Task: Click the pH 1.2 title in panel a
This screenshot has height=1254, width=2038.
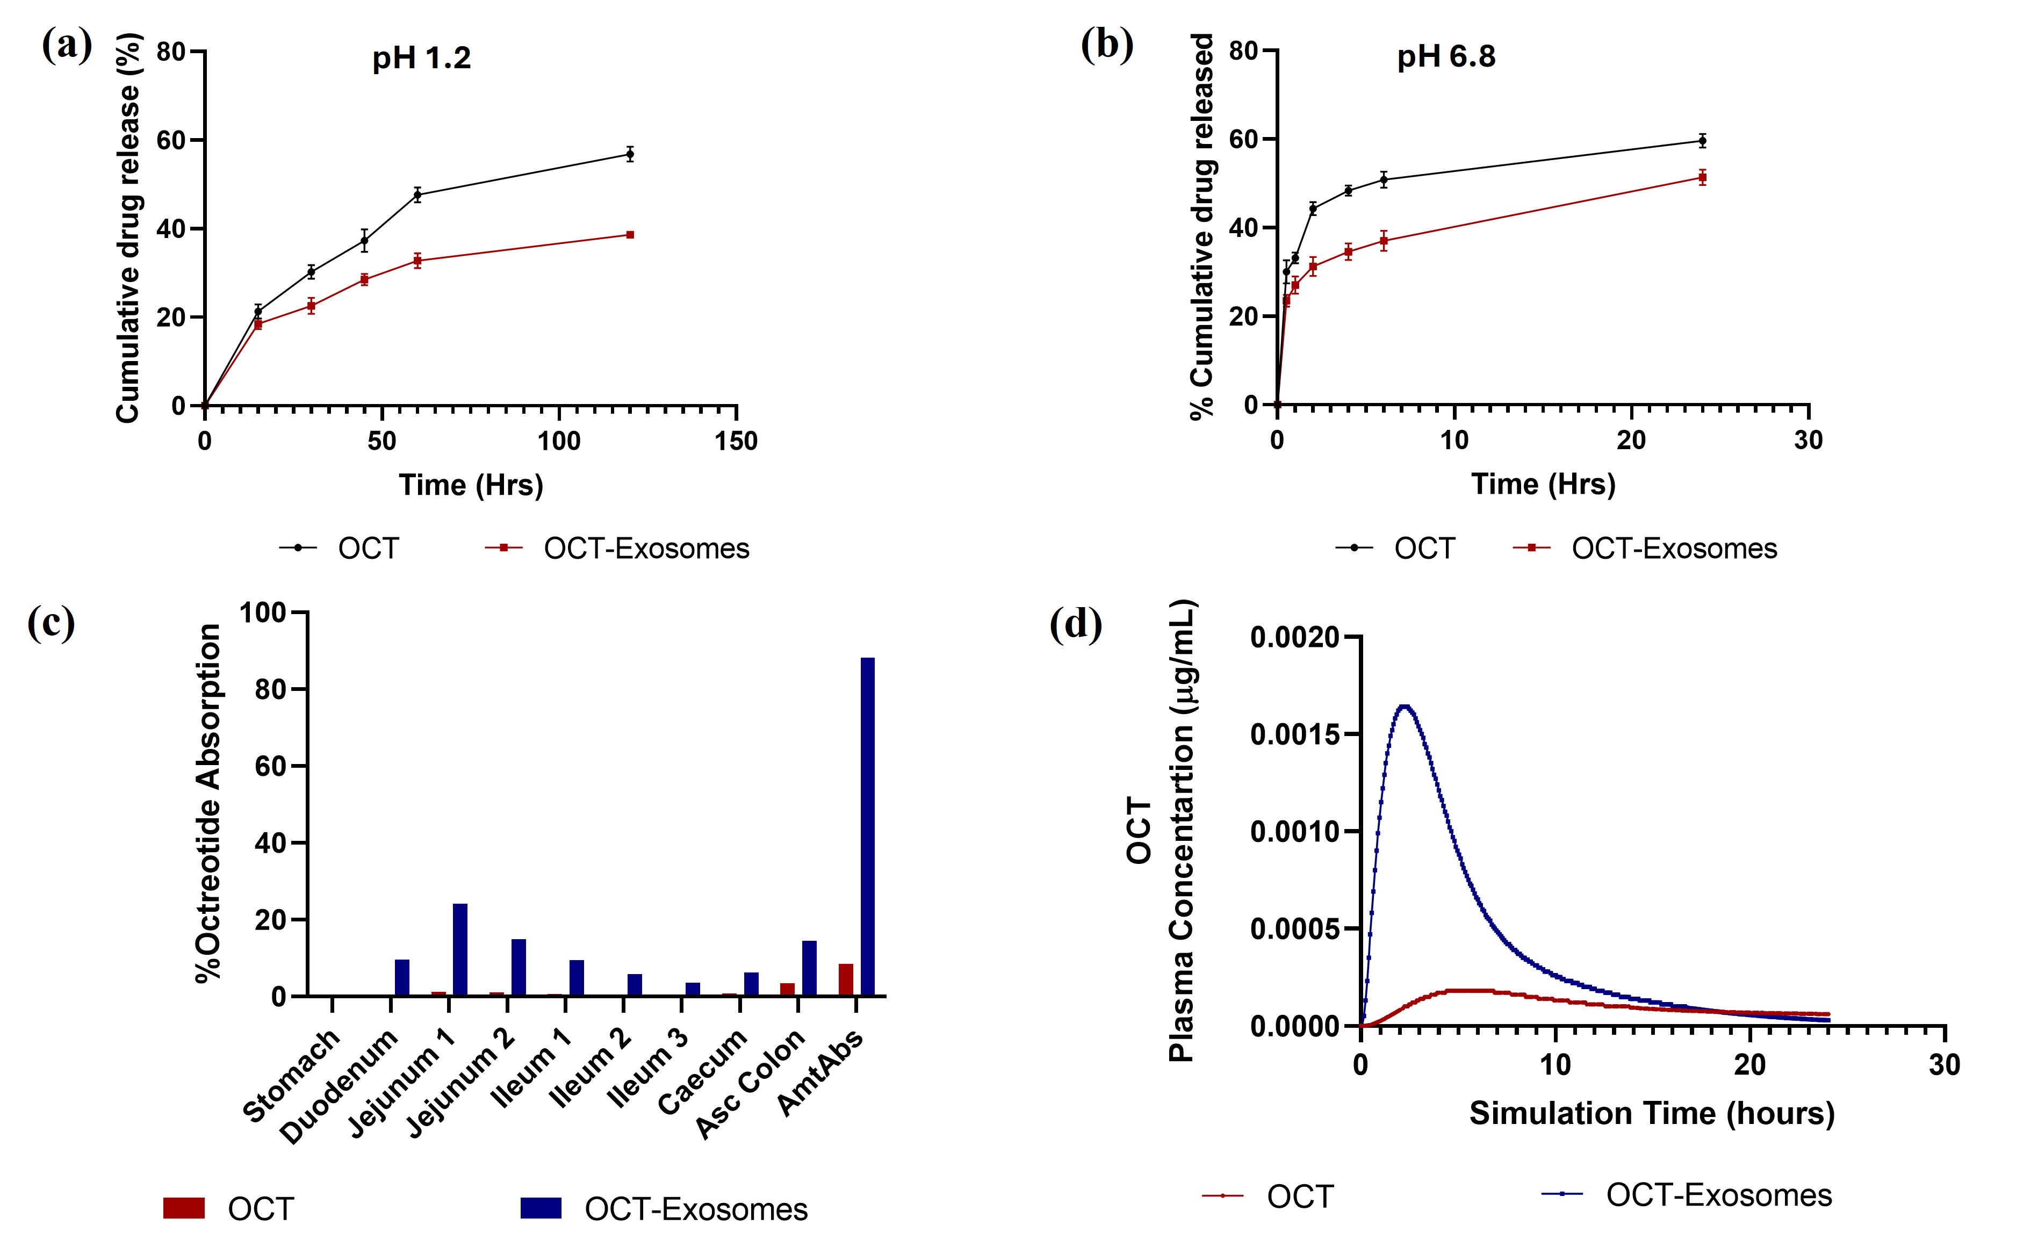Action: click(421, 58)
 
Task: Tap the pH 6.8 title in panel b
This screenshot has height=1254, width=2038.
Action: click(1446, 56)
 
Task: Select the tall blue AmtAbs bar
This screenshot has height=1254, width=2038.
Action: click(868, 825)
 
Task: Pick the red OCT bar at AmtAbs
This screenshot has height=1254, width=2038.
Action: click(846, 979)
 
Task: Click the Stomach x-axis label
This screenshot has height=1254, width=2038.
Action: click(292, 1076)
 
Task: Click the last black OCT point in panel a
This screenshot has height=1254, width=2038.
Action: click(630, 154)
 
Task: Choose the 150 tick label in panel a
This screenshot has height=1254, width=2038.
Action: click(736, 441)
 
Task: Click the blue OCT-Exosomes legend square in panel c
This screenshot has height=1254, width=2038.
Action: click(541, 1208)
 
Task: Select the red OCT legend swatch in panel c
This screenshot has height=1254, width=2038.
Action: click(184, 1208)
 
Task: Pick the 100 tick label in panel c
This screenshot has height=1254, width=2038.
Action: click(262, 613)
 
